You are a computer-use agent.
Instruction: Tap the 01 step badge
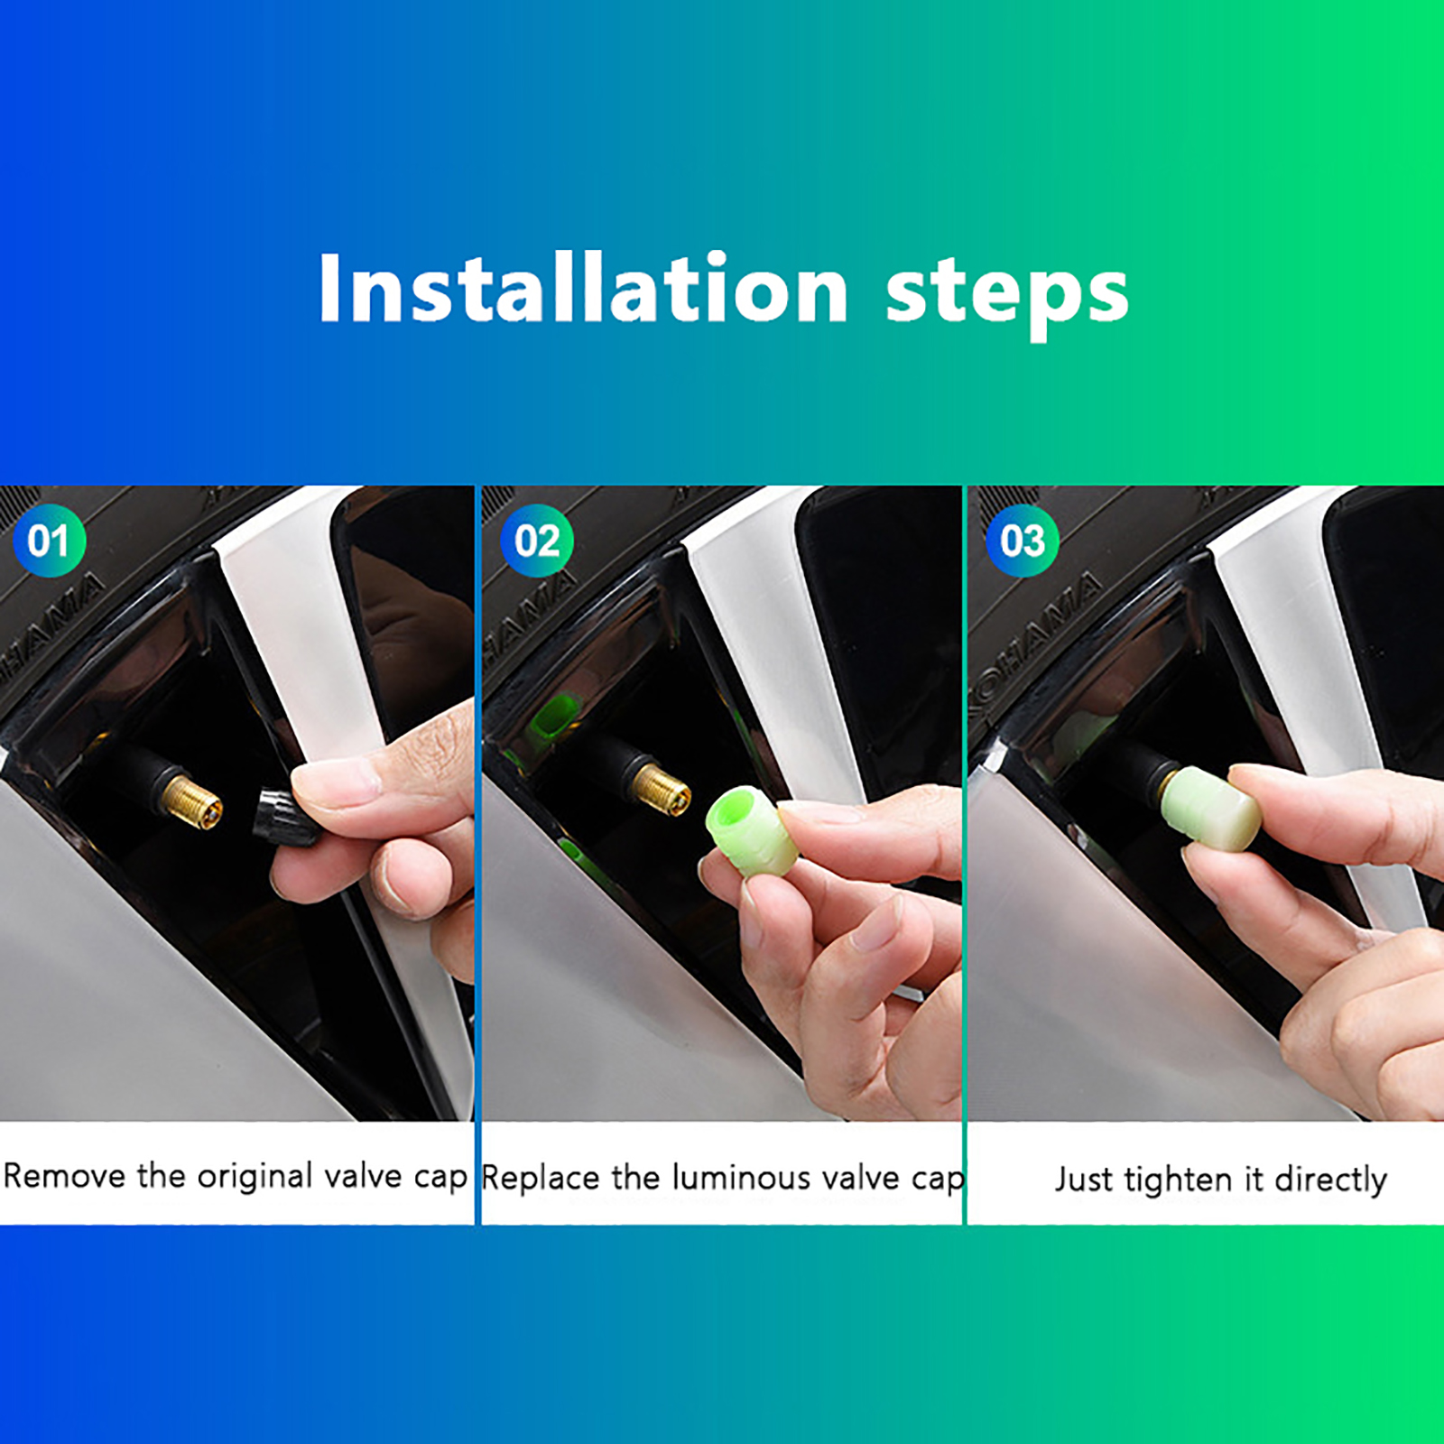50,541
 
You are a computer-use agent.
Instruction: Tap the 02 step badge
537,541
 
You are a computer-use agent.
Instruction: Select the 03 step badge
1023,541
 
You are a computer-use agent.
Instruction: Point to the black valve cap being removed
285,817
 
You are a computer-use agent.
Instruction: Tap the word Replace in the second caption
540,1179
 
